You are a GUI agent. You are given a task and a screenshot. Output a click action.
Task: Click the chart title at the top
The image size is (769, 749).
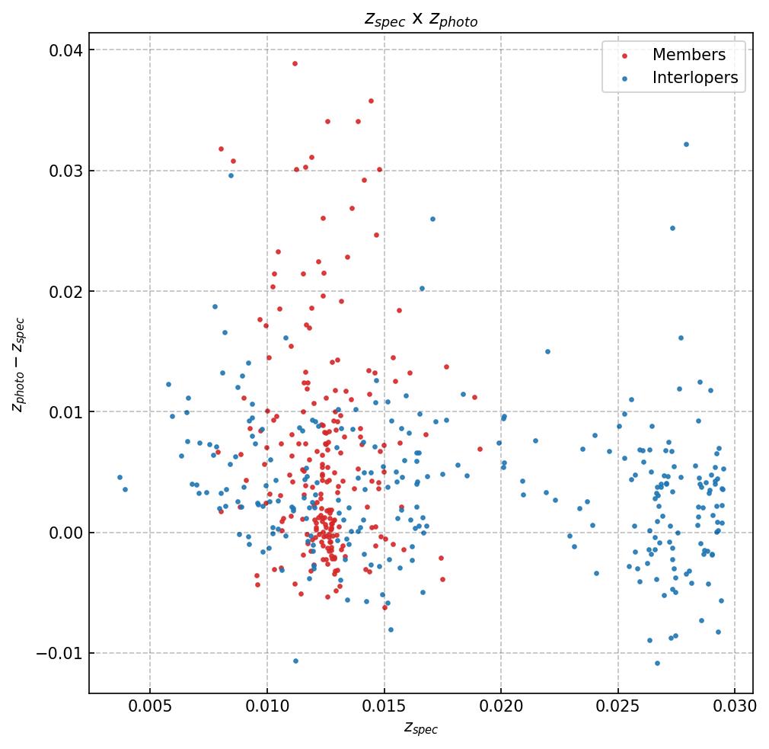[x=420, y=20]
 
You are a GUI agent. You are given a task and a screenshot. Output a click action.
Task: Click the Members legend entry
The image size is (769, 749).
[x=688, y=55]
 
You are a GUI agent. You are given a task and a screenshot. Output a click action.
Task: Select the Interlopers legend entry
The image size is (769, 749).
[x=694, y=78]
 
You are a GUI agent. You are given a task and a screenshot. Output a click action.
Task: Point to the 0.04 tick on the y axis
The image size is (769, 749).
[x=65, y=50]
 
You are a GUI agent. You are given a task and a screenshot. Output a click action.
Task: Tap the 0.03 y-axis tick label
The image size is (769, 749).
[x=65, y=171]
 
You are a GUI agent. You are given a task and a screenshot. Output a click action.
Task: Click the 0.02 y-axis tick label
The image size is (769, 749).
[x=65, y=291]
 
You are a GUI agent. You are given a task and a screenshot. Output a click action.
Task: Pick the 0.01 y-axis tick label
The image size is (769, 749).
[x=65, y=412]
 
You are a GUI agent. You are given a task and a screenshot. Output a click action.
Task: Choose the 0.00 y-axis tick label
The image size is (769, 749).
[x=65, y=533]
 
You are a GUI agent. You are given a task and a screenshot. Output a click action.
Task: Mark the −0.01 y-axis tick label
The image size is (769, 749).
[x=61, y=653]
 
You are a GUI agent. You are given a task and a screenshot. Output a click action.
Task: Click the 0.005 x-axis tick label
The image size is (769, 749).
[x=150, y=706]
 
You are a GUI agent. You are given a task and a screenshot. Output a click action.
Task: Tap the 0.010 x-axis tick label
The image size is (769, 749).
[x=267, y=706]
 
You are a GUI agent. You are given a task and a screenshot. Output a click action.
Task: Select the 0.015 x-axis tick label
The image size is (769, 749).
[x=384, y=706]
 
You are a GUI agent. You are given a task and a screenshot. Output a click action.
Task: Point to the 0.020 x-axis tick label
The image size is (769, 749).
[x=501, y=706]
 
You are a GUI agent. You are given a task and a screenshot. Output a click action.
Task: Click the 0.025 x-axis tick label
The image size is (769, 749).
[x=617, y=706]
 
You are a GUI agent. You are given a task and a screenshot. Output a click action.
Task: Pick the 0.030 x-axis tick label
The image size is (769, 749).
[x=735, y=706]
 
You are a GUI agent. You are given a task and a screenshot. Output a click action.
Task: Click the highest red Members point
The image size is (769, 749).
[x=295, y=63]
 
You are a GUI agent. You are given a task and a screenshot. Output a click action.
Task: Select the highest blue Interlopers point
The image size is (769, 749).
[x=686, y=144]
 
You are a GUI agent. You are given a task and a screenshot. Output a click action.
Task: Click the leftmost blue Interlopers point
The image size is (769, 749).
[x=120, y=477]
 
